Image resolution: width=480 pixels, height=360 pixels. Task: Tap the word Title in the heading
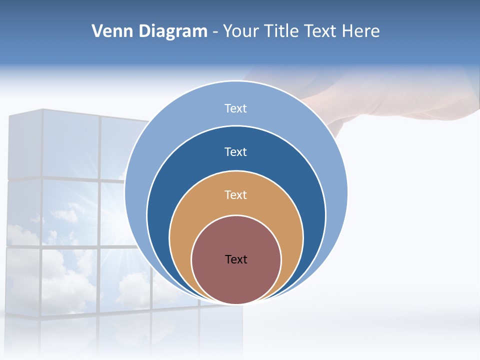point(281,31)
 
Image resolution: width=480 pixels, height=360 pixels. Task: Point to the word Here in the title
point(360,31)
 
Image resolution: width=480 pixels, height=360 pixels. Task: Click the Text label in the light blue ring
point(236,108)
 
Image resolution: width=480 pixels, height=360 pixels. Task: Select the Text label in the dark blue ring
point(236,151)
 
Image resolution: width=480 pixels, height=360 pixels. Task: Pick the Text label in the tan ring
point(236,194)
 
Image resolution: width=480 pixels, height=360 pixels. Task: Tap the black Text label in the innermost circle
point(236,259)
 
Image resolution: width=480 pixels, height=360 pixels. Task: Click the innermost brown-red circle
point(236,280)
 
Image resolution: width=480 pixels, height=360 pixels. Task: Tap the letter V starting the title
point(97,31)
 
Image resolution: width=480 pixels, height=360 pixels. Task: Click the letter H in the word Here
point(347,31)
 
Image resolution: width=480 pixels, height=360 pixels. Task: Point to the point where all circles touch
point(236,303)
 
